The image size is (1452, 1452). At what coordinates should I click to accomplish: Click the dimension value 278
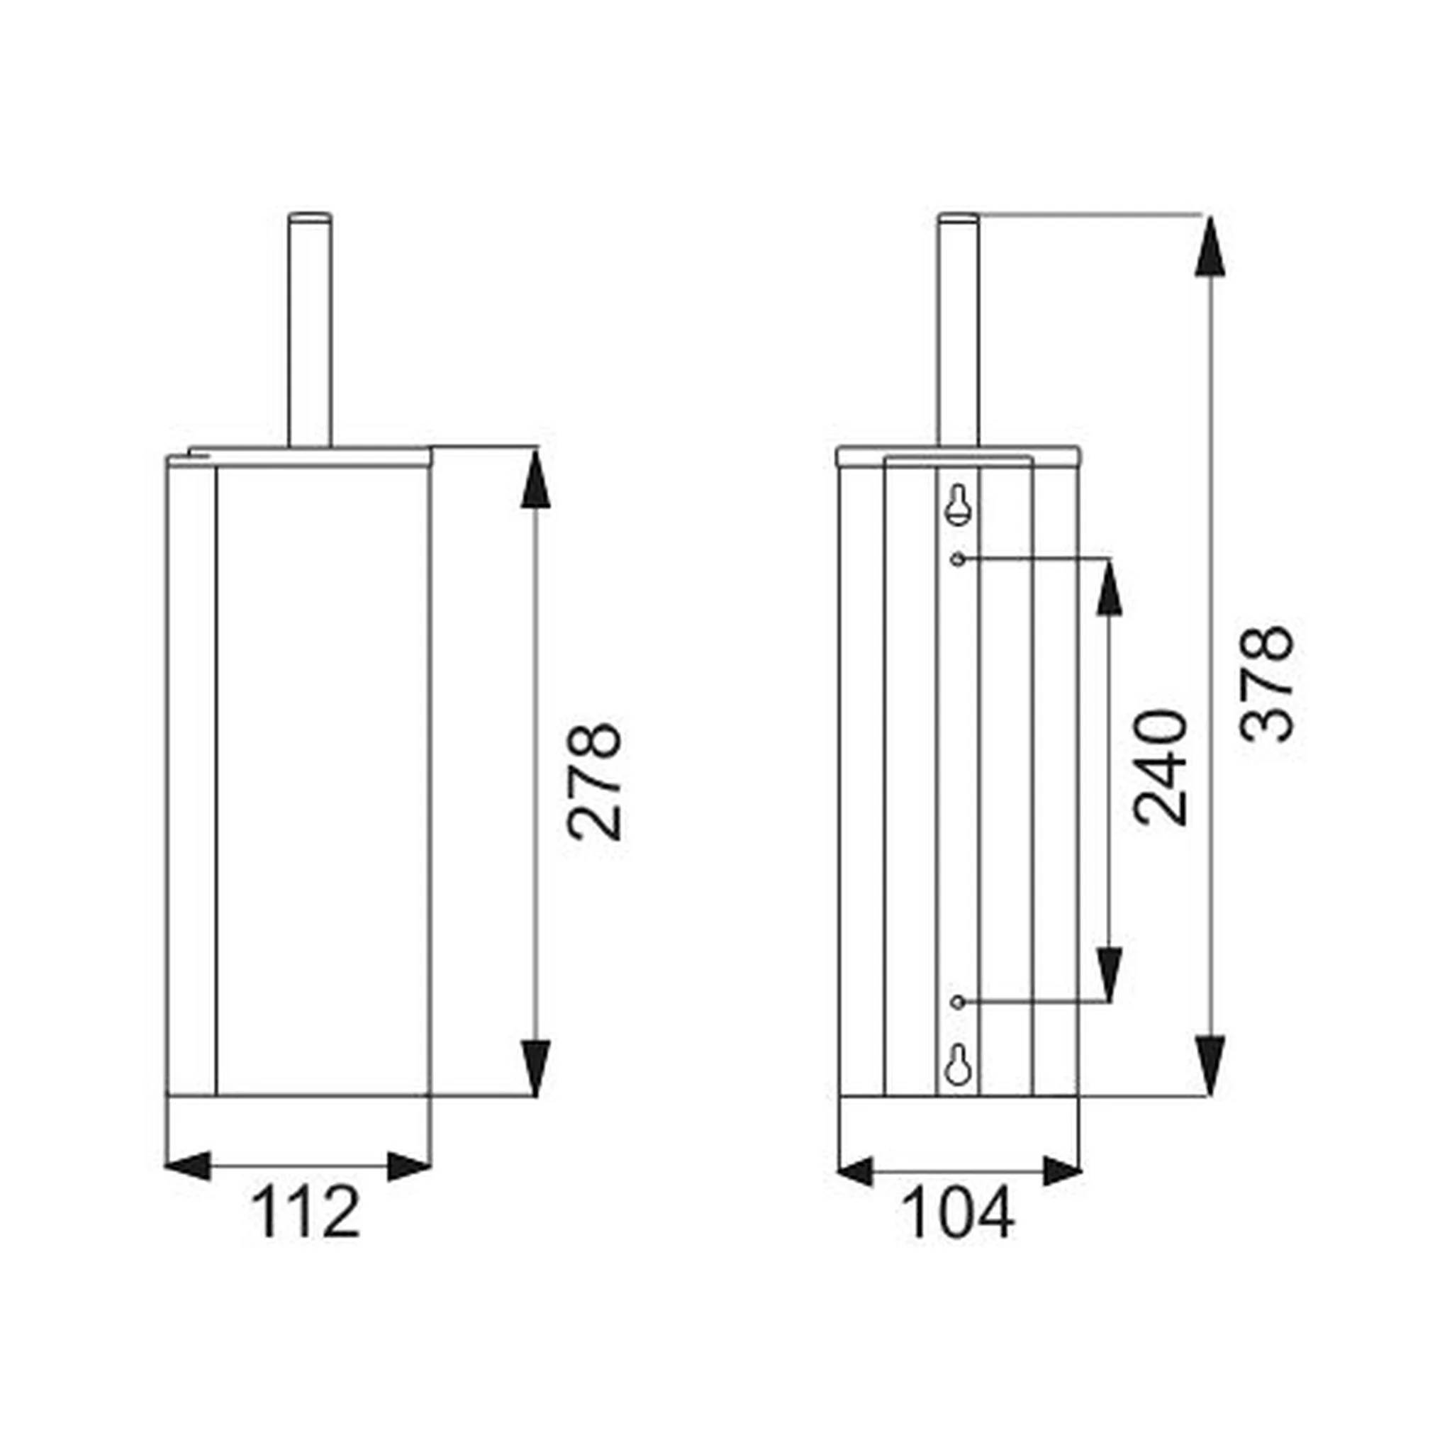596,781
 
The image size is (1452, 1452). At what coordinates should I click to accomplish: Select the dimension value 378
1267,684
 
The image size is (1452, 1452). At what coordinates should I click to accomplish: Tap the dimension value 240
1162,767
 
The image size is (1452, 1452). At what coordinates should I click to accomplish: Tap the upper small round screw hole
957,559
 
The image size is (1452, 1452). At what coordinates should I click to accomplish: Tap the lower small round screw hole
957,1002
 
